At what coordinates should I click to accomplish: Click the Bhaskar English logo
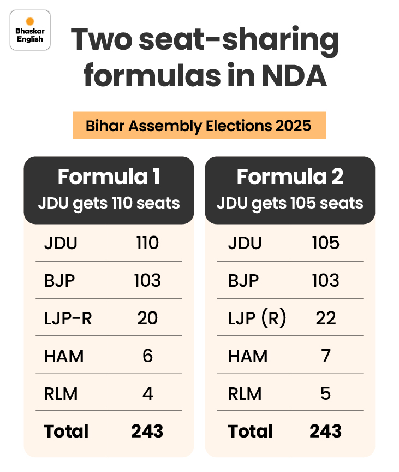[31, 31]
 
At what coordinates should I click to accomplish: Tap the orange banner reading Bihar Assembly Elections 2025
[199, 126]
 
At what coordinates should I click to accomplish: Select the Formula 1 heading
[109, 177]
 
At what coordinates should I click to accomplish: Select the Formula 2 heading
[290, 177]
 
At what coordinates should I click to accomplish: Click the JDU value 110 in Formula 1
[147, 243]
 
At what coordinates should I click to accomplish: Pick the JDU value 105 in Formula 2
[325, 243]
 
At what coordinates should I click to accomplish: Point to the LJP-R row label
[68, 318]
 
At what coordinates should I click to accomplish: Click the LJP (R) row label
[257, 318]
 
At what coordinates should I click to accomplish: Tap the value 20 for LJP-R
[147, 318]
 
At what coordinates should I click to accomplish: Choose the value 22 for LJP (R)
[325, 318]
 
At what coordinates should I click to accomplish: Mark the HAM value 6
[147, 356]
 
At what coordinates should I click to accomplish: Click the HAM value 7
[325, 356]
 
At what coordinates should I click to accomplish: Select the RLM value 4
[147, 394]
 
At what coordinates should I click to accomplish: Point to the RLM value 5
[325, 394]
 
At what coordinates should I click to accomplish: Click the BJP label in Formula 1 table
[59, 281]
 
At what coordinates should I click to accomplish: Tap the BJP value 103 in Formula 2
[325, 281]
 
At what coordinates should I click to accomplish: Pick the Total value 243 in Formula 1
[147, 432]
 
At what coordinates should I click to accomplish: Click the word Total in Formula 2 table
[250, 432]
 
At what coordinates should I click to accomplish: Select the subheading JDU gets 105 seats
[290, 204]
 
